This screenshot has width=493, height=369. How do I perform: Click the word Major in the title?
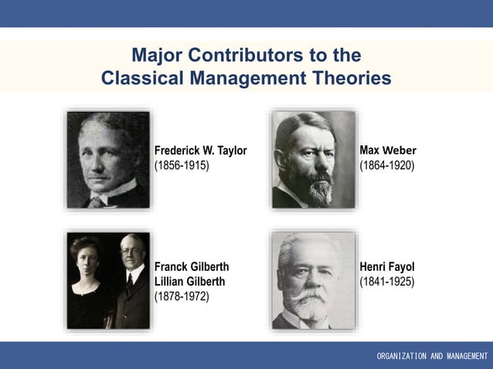(x=157, y=56)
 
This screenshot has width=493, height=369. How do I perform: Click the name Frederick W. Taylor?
(x=200, y=151)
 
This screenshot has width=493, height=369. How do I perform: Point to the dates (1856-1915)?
(x=182, y=166)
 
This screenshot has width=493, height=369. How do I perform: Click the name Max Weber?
(x=387, y=149)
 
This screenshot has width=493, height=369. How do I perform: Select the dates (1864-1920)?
(x=386, y=165)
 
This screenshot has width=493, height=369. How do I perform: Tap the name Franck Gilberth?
(x=192, y=266)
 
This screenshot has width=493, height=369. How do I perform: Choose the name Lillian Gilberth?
(x=192, y=282)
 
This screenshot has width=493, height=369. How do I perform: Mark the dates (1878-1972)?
(x=182, y=296)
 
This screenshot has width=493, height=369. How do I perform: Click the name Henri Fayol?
(x=387, y=267)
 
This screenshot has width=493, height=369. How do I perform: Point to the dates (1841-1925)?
(x=386, y=282)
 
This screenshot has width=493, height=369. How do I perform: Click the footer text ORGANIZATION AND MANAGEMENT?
(x=432, y=356)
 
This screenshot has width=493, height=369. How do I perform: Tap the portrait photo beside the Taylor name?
(x=107, y=159)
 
